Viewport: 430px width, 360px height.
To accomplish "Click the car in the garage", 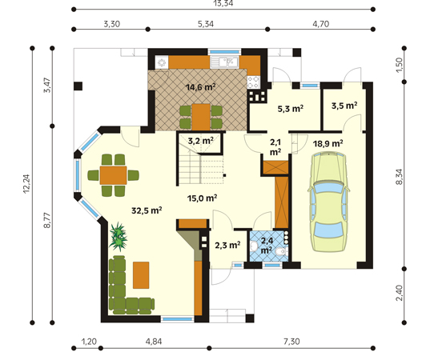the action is [328, 202].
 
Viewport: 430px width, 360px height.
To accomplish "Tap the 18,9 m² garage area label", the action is [328, 143].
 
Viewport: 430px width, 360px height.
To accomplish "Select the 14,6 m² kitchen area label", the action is [200, 87].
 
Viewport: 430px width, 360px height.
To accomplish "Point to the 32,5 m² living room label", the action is [147, 210].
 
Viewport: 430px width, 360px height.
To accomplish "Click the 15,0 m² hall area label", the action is [203, 198].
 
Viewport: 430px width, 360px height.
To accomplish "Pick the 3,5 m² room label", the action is [344, 106].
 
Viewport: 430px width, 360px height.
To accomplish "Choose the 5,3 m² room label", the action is [291, 109].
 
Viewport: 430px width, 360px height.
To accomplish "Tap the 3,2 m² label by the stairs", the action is [201, 141].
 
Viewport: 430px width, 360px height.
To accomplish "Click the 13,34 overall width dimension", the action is [223, 3].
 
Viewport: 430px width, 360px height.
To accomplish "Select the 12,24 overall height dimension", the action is [26, 184].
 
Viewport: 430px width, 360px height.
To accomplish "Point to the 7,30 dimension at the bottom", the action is [291, 342].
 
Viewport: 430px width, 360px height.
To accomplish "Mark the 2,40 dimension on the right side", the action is [400, 293].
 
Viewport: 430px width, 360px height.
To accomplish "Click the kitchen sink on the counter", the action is [224, 62].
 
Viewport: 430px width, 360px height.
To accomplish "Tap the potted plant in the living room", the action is [119, 237].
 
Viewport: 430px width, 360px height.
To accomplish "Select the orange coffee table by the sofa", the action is [141, 275].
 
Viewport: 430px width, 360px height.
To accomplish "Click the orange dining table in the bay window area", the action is [113, 175].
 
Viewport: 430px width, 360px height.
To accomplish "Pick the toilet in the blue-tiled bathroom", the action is [281, 251].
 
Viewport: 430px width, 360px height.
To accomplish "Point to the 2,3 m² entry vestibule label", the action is [227, 245].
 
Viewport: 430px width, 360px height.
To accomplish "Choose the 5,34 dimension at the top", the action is [206, 24].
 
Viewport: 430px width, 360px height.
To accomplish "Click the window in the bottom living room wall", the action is [178, 319].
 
